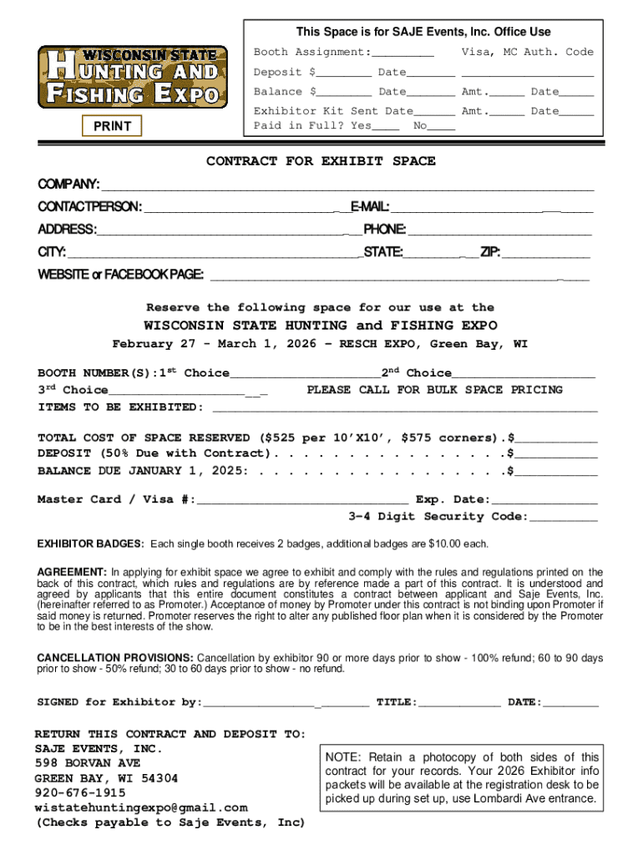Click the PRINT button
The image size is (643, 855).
tap(112, 126)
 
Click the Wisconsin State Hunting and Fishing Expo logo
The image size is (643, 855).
tap(132, 77)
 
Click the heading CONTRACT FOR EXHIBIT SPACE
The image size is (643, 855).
tap(321, 161)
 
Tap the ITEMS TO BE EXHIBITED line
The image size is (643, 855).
tap(406, 408)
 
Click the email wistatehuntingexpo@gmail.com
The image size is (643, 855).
tap(141, 807)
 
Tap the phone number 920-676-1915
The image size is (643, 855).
tap(80, 792)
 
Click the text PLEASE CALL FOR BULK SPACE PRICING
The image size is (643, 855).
tap(435, 390)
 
